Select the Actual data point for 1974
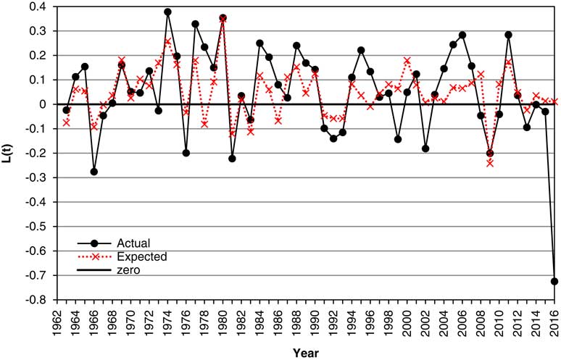click(167, 12)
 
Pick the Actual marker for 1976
click(186, 153)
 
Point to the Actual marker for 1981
click(233, 158)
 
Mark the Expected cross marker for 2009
click(490, 163)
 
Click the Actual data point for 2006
click(462, 35)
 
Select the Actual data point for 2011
click(509, 35)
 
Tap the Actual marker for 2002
click(425, 148)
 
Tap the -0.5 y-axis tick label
click(36, 227)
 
